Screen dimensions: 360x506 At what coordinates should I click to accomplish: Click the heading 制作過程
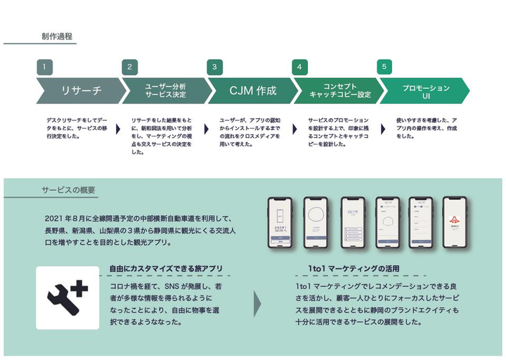click(56, 36)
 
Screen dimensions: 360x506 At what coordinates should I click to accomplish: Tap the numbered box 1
click(44, 67)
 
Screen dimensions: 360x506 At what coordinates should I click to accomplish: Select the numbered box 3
click(214, 67)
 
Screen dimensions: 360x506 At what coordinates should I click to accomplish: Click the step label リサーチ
click(81, 91)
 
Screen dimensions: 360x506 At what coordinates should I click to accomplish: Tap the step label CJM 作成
click(252, 91)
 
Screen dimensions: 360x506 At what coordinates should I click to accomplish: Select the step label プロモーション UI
click(425, 91)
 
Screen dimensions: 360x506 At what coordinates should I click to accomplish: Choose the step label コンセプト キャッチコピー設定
click(339, 91)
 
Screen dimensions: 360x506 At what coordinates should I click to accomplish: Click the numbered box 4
click(300, 67)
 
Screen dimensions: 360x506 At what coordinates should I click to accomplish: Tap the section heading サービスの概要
click(67, 191)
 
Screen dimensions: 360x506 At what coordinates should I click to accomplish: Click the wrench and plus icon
click(67, 296)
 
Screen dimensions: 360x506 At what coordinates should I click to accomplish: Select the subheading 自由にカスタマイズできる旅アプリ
click(166, 269)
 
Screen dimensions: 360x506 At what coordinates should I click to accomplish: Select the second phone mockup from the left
click(317, 222)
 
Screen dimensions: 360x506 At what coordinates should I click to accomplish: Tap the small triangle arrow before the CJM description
click(207, 129)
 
